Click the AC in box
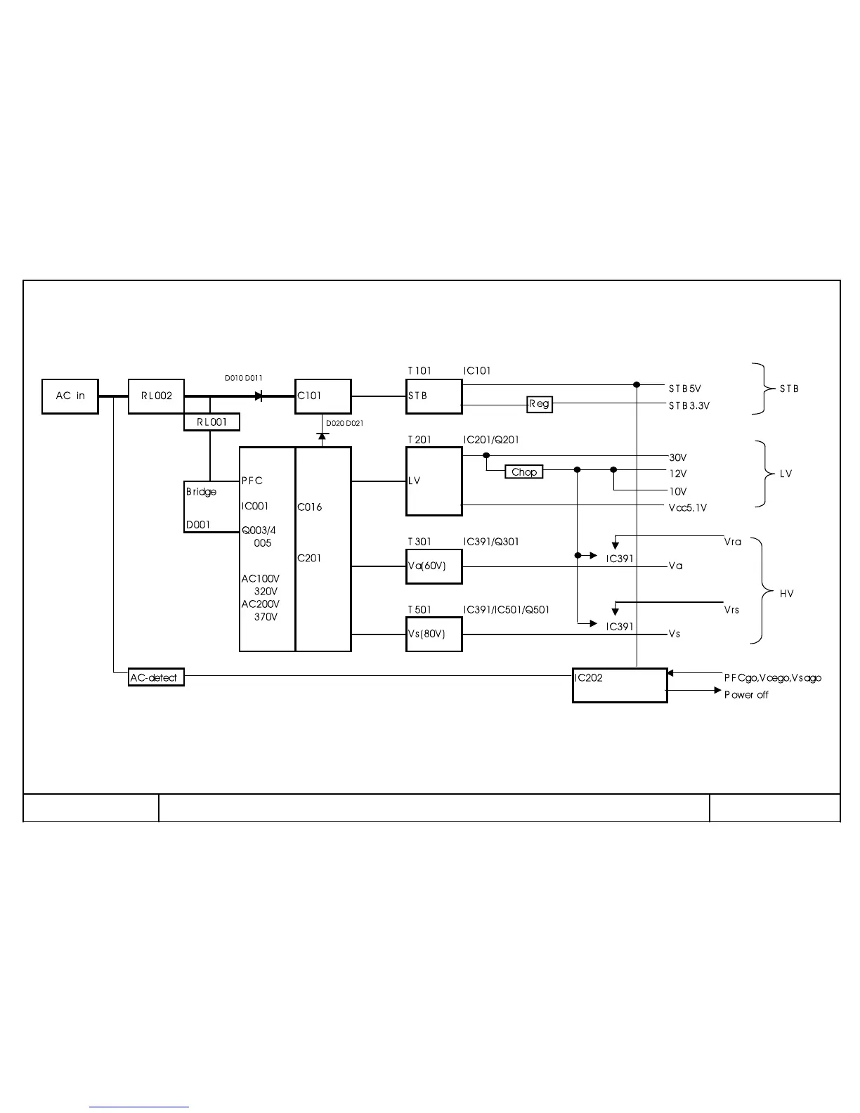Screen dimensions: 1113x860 tap(70, 396)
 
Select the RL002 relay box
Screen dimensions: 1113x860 tap(156, 396)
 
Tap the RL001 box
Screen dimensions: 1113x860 tap(211, 422)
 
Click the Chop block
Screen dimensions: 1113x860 tap(524, 472)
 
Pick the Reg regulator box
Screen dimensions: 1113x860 tap(540, 404)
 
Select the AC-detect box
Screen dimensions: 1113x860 tap(156, 677)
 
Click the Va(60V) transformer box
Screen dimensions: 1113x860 tap(434, 566)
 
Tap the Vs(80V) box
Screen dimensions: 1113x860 tap(434, 634)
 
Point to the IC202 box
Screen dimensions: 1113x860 tap(620, 685)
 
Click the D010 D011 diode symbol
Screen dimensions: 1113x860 tap(259, 396)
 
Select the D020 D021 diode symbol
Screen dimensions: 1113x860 tap(322, 436)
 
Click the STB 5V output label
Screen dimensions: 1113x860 tap(684, 389)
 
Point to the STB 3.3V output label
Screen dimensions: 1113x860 tap(689, 405)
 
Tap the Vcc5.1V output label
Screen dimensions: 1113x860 tap(687, 507)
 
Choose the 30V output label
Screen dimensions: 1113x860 tap(677, 457)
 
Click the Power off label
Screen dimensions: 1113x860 tap(746, 694)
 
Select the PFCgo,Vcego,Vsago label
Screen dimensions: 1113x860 tap(772, 677)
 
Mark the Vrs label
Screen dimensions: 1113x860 tap(731, 609)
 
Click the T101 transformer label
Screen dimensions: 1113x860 tap(419, 370)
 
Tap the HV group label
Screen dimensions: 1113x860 tap(786, 594)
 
